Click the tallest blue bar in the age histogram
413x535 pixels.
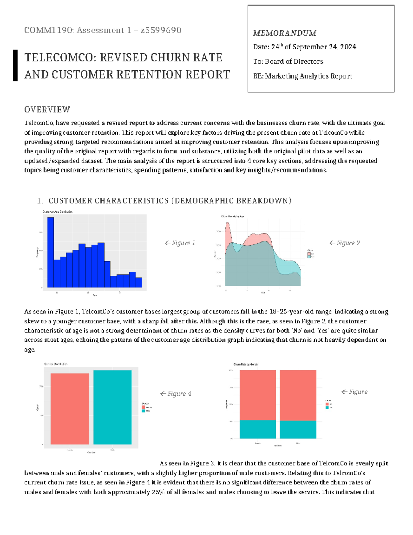(51, 252)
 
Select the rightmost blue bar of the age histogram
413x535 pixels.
(139, 282)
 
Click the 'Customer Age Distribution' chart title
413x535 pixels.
(57, 212)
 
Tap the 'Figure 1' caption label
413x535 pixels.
(180, 243)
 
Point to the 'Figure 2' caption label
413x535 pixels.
(345, 243)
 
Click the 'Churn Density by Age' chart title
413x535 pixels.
(232, 216)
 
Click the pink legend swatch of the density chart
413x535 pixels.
(309, 254)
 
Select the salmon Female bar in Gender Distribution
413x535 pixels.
(70, 409)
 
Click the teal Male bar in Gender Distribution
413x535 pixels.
(113, 407)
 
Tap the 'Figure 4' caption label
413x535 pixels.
(176, 394)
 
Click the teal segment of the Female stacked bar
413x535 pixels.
(257, 429)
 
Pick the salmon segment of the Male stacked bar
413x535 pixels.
(298, 395)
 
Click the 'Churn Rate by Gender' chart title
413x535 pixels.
(246, 364)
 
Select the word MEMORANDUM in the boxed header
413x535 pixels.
(285, 33)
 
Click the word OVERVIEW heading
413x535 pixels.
(47, 110)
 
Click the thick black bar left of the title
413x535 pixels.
(15, 65)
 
